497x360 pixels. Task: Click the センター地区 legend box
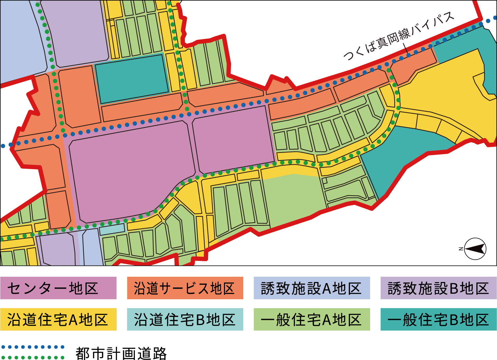(x=58, y=288)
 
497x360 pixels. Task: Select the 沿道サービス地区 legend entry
(x=185, y=288)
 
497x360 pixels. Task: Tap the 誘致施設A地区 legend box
(x=312, y=288)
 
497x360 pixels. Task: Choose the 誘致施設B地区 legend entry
(x=438, y=288)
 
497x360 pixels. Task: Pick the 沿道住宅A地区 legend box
(x=58, y=319)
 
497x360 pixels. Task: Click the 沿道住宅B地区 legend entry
(x=185, y=319)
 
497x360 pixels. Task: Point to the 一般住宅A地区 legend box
(x=312, y=319)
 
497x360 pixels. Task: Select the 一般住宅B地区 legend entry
(x=438, y=319)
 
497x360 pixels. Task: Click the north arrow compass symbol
(x=475, y=249)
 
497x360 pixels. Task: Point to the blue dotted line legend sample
(x=32, y=347)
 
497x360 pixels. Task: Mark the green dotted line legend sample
(x=32, y=357)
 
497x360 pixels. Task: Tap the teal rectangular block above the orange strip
(x=132, y=79)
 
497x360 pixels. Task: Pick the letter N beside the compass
(x=461, y=249)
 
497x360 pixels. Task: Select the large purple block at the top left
(x=78, y=33)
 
